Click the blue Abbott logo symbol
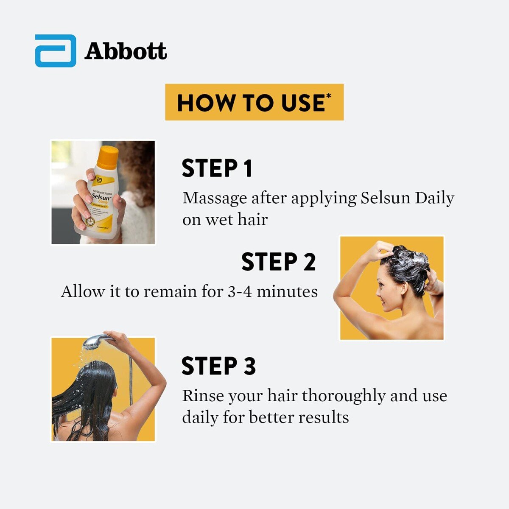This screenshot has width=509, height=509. click(56, 51)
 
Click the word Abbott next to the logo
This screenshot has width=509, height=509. click(126, 51)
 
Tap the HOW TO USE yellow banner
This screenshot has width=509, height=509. click(254, 102)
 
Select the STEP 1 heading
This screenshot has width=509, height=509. click(217, 168)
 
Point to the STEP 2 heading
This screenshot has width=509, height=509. click(278, 262)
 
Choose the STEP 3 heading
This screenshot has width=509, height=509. click(218, 366)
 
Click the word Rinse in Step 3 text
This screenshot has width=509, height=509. click(203, 396)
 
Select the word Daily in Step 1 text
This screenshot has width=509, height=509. click(434, 198)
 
